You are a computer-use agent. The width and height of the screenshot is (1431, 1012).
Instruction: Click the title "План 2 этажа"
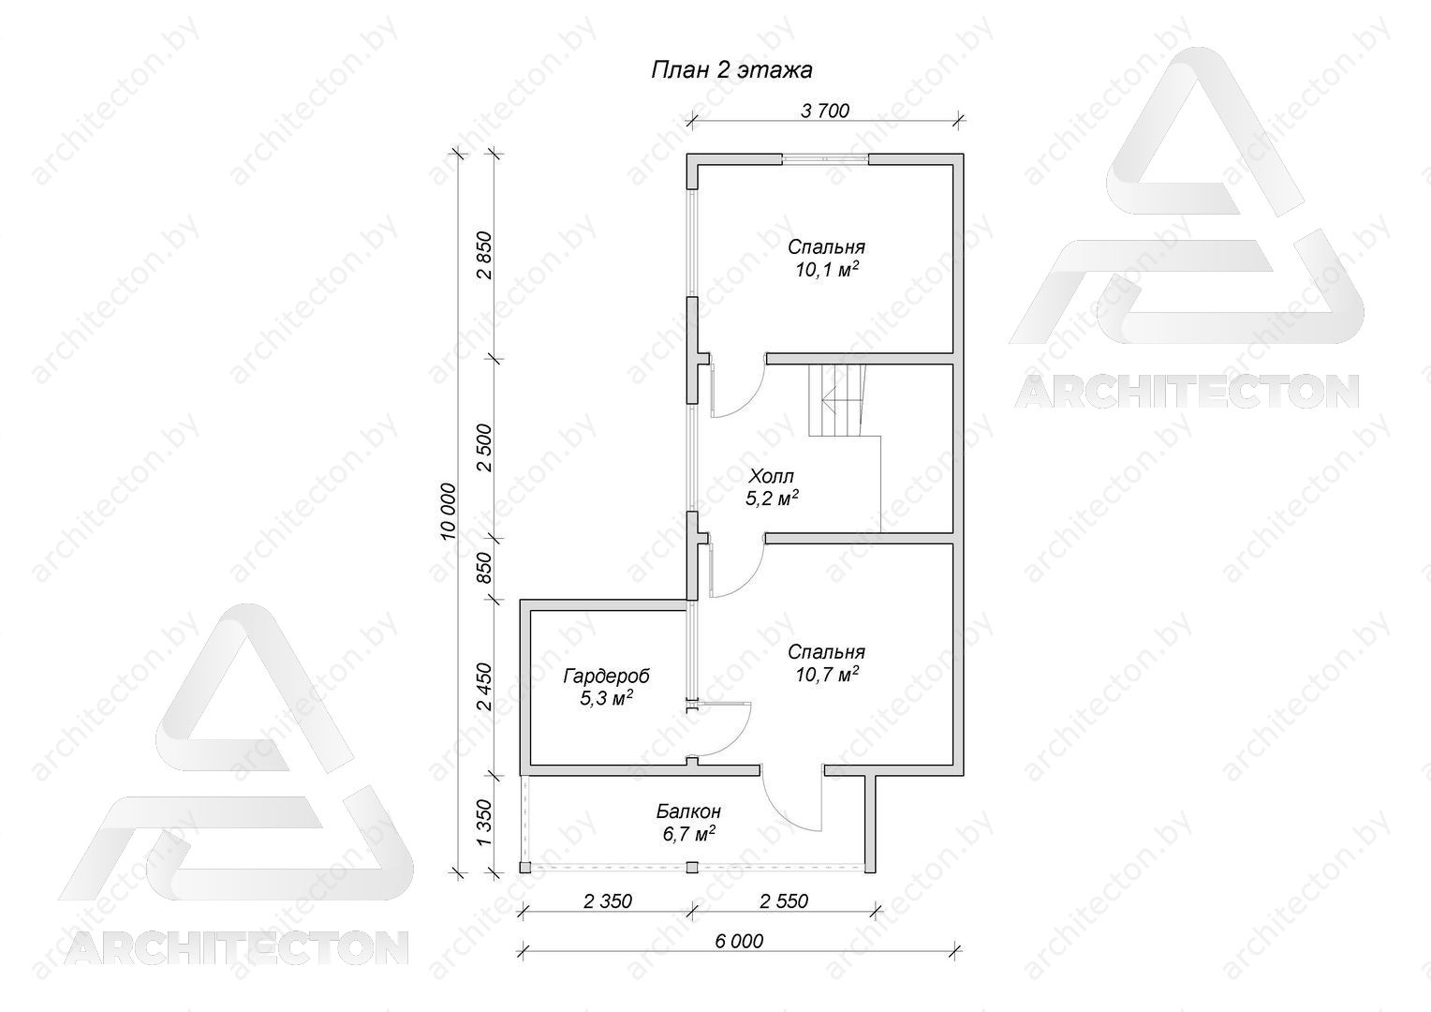click(731, 69)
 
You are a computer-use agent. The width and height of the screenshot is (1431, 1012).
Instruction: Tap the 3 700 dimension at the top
click(825, 111)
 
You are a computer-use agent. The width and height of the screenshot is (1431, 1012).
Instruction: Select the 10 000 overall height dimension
click(450, 512)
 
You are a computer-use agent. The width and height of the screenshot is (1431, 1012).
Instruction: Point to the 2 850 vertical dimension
click(485, 255)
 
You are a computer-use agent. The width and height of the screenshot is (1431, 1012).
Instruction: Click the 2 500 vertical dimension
click(485, 448)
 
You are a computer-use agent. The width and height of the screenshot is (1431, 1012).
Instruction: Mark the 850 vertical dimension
click(485, 567)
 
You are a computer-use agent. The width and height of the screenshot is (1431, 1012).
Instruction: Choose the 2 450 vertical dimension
click(485, 687)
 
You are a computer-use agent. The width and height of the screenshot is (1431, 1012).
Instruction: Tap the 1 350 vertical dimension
click(485, 822)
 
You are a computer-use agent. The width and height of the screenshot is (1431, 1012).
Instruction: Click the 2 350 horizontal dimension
click(608, 900)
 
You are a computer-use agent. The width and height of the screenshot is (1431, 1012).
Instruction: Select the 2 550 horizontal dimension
click(784, 900)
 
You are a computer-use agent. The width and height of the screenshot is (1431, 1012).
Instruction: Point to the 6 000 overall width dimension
click(739, 941)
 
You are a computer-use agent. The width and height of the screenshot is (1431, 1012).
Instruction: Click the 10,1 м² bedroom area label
click(826, 269)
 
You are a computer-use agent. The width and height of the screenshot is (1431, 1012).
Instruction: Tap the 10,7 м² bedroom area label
click(826, 674)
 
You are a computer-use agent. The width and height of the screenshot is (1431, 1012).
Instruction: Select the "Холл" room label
click(771, 476)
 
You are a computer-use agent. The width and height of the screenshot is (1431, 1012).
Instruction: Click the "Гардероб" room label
click(606, 675)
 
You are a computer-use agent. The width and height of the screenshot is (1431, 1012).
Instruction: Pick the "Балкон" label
click(688, 811)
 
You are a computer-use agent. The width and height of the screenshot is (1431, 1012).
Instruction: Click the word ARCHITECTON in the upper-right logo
click(1187, 392)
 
